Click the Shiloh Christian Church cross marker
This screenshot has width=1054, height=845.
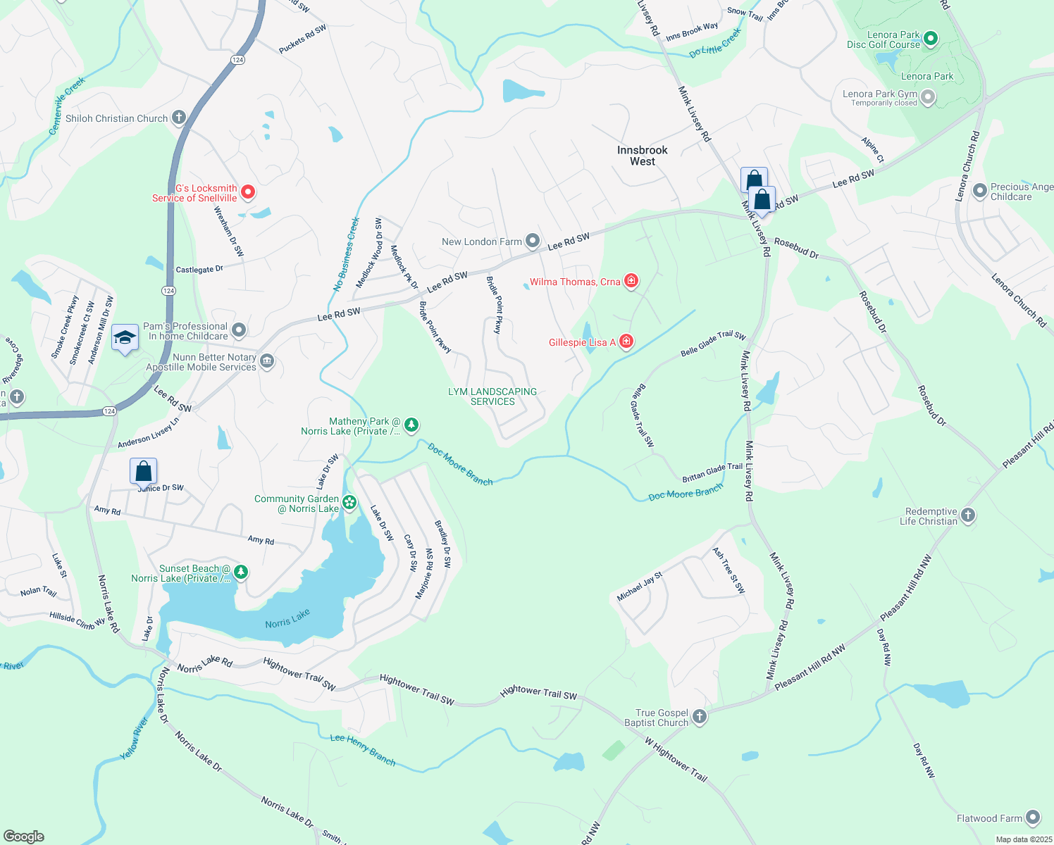point(179,118)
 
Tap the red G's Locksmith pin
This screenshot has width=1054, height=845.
point(248,192)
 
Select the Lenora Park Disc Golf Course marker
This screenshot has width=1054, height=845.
point(930,39)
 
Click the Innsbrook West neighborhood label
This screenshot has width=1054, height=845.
point(642,156)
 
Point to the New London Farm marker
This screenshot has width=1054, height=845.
point(533,242)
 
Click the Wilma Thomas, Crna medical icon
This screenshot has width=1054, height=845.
point(631,282)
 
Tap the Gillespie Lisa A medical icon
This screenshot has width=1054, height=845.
point(626,342)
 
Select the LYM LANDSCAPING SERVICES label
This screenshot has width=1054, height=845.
point(492,396)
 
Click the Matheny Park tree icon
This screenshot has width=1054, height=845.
point(411,425)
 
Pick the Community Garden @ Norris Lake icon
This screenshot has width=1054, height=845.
point(349,503)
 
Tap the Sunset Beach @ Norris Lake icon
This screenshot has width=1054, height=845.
point(241,572)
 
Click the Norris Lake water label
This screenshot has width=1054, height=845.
point(287,619)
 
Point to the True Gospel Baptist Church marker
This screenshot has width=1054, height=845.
point(700,717)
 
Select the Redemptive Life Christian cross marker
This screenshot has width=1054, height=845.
point(968,515)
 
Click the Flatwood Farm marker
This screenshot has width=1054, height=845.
point(1033,818)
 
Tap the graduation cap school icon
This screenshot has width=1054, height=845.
point(125,338)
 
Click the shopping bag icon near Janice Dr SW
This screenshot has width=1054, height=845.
point(143,471)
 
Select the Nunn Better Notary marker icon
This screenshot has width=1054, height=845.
point(267,361)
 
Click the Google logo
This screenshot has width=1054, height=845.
point(23,836)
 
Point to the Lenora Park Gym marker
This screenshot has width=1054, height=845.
point(928,96)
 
